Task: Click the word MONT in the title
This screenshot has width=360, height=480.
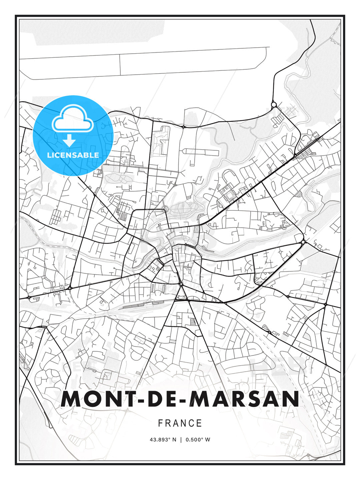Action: tap(97, 399)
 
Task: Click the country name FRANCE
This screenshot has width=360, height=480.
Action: tap(180, 423)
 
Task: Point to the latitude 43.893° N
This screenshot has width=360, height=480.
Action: tap(163, 440)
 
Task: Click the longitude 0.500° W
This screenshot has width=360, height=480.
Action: tap(198, 440)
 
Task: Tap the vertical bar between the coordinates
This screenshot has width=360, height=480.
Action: tap(181, 440)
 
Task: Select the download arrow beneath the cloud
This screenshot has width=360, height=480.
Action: tap(69, 140)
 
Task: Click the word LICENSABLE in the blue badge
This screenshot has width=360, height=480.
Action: tap(73, 155)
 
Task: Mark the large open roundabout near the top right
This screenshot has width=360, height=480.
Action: tap(274, 105)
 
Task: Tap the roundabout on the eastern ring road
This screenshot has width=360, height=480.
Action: tap(303, 242)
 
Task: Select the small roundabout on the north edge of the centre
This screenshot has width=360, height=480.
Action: tap(165, 209)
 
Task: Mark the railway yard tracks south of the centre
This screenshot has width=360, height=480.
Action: tap(140, 304)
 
